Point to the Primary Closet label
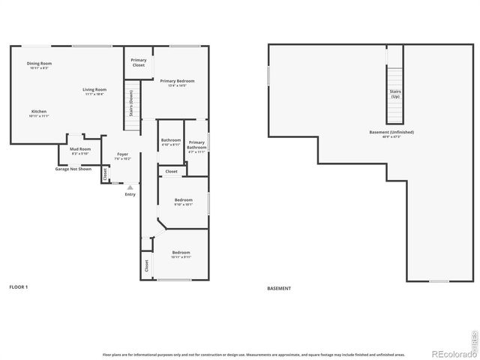coord(139,62)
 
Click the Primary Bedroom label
coord(181,82)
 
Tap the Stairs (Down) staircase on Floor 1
coord(132,109)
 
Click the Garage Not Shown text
coord(73,169)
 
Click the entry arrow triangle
coord(130,187)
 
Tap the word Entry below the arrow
coord(130,195)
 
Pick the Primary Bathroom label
coord(196,145)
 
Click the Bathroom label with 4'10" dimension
coord(171,141)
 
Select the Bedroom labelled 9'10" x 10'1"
coord(184,201)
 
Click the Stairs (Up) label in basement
coord(394,94)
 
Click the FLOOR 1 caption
coord(19,287)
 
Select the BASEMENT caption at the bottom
coord(279,288)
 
